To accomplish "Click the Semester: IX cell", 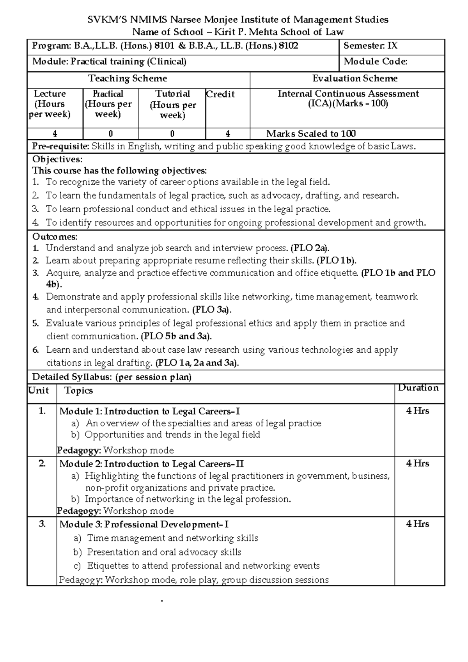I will pos(370,46).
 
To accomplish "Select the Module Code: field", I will pos(376,62).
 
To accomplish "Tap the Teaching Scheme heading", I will pos(128,78).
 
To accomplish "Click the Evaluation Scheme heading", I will pos(355,78).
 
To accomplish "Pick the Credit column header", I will pos(220,94).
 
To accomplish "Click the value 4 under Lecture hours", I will pos(55,134).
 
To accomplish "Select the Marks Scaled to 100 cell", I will pos(311,134).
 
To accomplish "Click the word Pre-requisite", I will pos(60,147).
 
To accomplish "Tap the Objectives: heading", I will pos(57,159).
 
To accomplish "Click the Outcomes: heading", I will pos(55,237).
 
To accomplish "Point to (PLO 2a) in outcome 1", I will pos(310,248).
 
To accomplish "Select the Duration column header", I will pos(418,388).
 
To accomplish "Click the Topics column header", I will pos(79,391).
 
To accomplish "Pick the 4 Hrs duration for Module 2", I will pos(418,463).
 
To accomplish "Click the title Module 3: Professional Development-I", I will pos(144,524).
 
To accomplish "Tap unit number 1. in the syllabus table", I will pos(42,411).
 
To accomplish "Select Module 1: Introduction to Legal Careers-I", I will pos(149,412).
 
